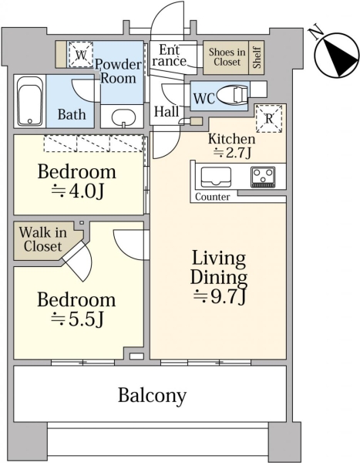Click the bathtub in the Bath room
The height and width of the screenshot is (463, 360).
30,101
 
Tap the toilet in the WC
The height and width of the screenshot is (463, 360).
233,96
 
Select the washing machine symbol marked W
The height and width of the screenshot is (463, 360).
81,55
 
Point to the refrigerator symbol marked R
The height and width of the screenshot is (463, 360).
269,119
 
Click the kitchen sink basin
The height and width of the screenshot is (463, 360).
216,177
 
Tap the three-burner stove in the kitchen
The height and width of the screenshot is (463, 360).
263,177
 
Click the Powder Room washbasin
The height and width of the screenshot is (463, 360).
123,118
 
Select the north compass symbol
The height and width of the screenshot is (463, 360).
337,56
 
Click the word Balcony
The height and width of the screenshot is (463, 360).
152,395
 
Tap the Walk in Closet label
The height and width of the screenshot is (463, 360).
43,239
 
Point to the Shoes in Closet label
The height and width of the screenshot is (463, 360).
227,57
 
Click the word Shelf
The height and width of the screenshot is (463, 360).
257,57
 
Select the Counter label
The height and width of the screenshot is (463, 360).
213,197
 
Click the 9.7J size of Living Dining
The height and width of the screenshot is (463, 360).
220,297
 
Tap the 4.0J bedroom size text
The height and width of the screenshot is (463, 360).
77,191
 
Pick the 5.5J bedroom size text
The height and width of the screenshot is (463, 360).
77,319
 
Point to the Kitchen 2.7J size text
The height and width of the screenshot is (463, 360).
232,153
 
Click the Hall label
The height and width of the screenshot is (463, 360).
167,112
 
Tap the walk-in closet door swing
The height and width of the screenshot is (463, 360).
79,260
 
